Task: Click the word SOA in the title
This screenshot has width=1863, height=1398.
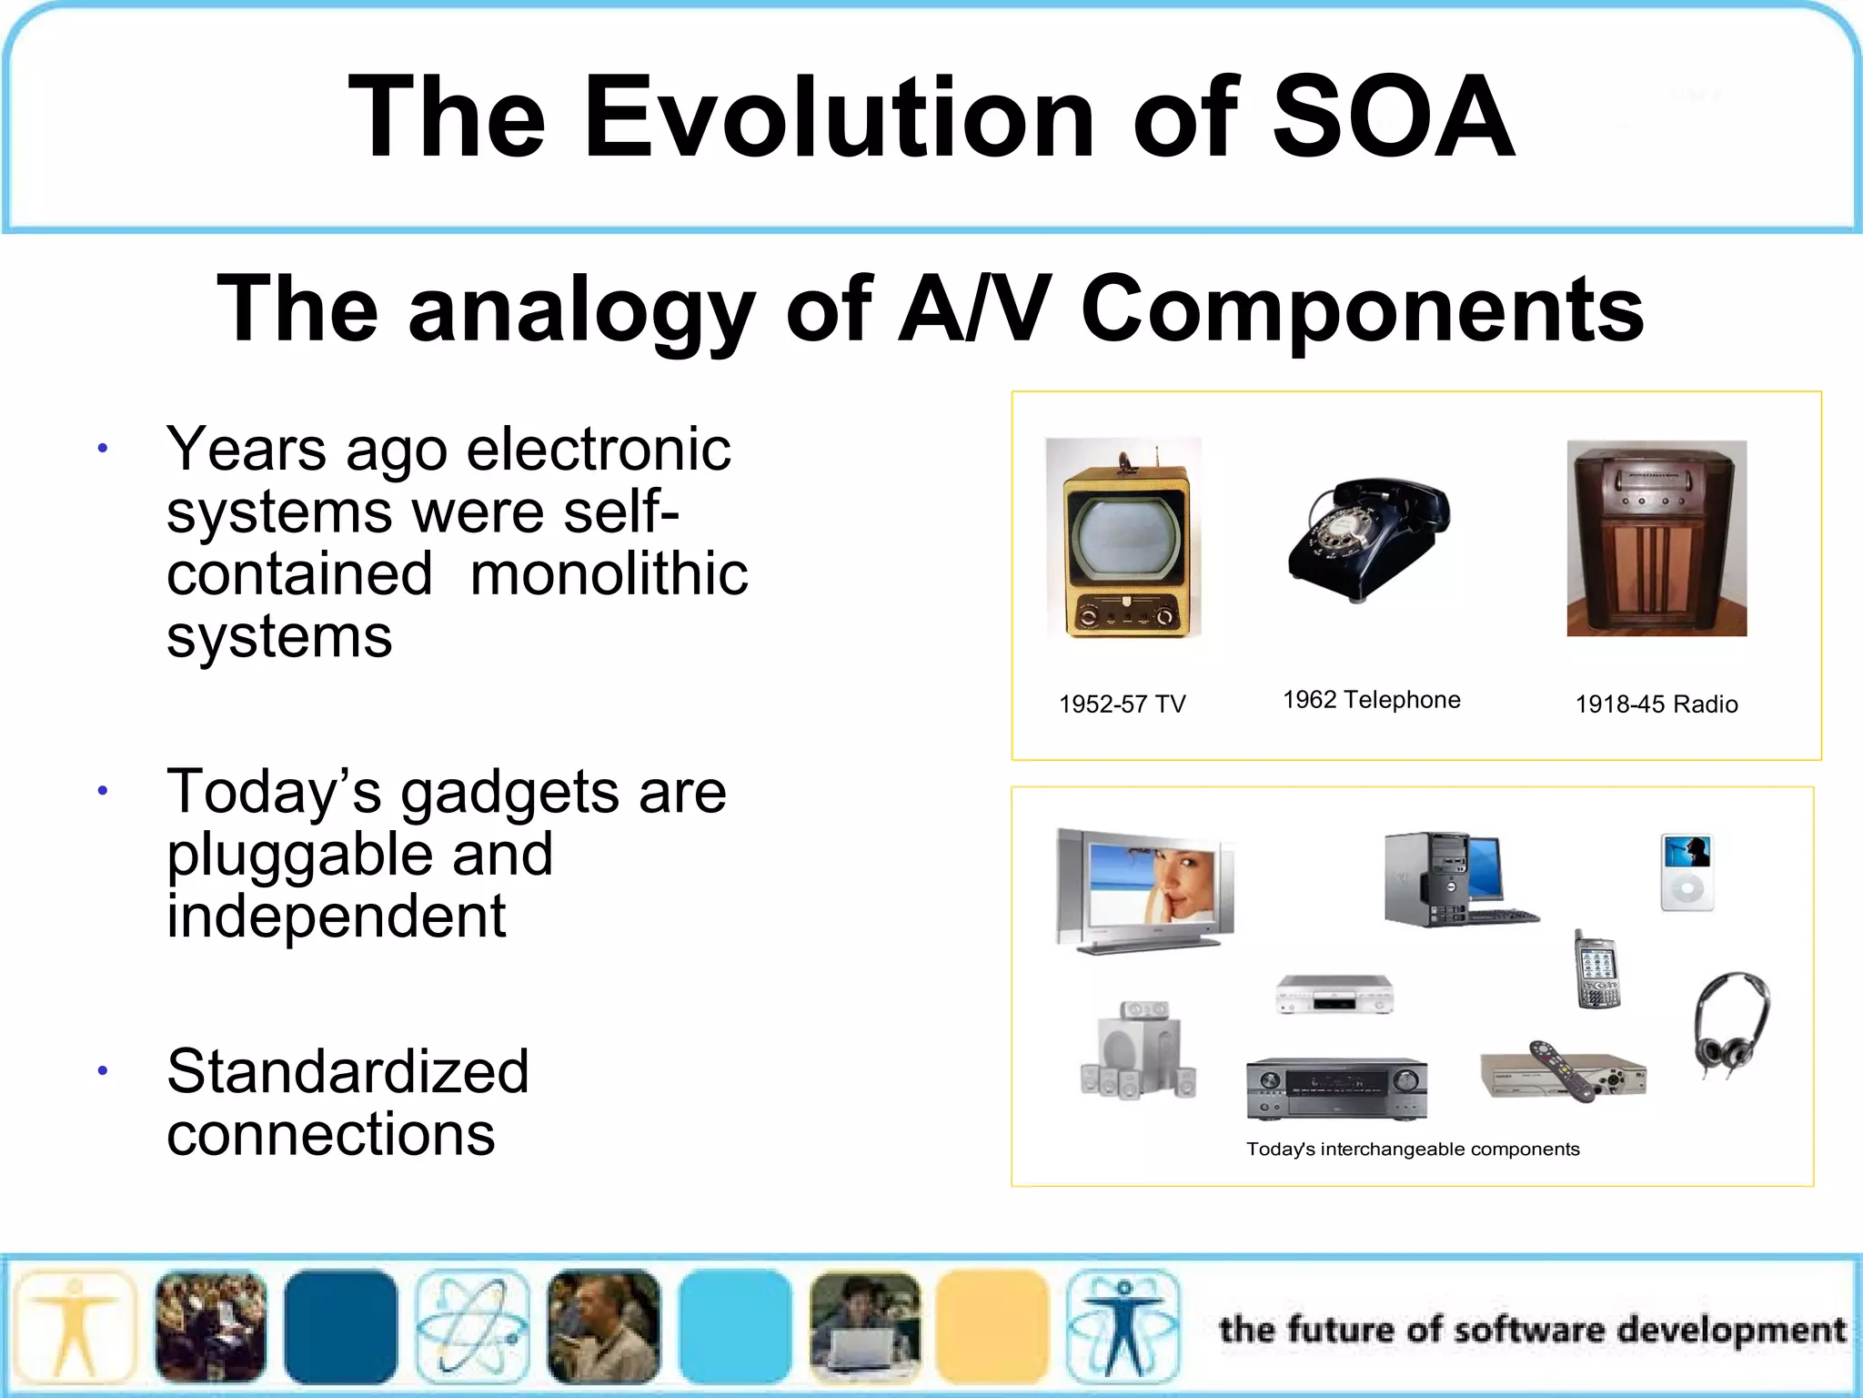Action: point(1392,116)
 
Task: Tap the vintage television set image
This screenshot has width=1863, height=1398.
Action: point(1123,539)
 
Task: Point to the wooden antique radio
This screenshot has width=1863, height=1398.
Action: point(1657,539)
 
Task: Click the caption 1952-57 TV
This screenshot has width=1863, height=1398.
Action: point(1122,704)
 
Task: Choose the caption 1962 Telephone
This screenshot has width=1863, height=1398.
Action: point(1371,699)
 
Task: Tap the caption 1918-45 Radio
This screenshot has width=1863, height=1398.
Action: point(1656,704)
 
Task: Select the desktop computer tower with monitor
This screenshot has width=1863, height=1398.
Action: point(1455,880)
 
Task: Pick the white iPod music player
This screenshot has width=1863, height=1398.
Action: point(1687,872)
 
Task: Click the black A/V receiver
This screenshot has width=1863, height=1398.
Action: point(1336,1089)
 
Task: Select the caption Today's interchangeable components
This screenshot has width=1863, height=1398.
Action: point(1412,1149)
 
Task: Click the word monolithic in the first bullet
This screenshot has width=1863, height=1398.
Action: point(609,574)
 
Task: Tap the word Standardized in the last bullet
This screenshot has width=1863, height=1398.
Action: point(347,1071)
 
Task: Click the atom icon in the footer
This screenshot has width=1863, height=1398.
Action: point(472,1326)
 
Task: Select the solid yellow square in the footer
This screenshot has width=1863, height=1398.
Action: point(992,1326)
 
